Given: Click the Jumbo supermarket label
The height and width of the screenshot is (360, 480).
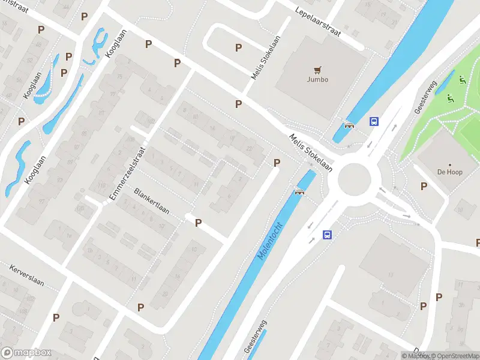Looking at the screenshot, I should [317, 79].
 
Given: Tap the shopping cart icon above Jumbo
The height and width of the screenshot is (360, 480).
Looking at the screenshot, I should [317, 68].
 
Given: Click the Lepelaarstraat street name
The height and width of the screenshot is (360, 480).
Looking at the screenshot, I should [317, 22].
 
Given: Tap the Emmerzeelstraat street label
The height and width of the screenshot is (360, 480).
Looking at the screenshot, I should [128, 174].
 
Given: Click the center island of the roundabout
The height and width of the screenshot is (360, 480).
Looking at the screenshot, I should [358, 179].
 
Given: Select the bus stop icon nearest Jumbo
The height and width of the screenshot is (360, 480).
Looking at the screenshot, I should [374, 121].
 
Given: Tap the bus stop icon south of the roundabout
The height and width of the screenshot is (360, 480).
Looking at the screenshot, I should [327, 235].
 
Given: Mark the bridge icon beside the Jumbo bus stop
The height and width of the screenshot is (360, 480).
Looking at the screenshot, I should [349, 125].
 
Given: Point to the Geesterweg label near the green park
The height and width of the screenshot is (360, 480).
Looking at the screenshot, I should [424, 98].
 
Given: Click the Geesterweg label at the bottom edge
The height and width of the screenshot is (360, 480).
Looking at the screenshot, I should [255, 336].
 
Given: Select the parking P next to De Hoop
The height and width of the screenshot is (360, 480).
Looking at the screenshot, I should [424, 186].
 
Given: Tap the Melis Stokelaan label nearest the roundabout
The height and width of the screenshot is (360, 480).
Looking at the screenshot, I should [310, 152].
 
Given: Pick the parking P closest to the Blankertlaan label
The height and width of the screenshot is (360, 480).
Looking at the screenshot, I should [198, 223].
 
